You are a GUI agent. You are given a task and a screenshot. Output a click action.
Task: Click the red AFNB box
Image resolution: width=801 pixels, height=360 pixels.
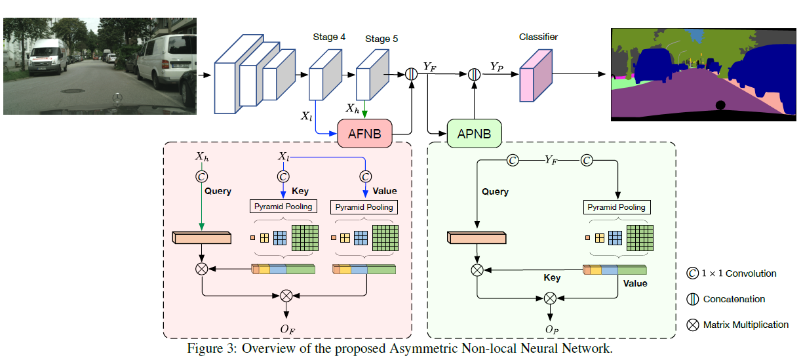coord(364,134)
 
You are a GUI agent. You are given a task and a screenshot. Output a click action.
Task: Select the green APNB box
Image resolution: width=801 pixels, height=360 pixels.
coord(474,134)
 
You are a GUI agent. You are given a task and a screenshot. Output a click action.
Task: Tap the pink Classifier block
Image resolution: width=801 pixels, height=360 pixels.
coord(536,75)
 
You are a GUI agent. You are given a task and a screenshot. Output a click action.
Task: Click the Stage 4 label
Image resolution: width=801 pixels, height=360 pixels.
coord(329,37)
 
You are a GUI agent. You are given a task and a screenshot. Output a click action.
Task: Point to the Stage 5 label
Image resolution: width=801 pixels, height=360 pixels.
coord(381,39)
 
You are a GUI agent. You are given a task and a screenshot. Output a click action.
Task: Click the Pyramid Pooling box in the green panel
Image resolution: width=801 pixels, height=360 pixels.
coord(617,207)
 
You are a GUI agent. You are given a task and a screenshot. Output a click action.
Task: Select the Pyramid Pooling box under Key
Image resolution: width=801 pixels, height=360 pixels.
coord(283,206)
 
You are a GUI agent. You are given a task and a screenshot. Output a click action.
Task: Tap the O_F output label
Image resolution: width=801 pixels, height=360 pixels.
coord(288,329)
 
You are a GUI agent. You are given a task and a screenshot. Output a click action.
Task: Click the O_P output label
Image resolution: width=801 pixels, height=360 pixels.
coord(552,330)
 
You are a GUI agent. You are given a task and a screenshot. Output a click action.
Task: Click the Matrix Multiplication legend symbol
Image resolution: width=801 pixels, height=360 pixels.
coord(693,325)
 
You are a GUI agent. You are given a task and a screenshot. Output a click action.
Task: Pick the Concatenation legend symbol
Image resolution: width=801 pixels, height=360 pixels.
coord(693,299)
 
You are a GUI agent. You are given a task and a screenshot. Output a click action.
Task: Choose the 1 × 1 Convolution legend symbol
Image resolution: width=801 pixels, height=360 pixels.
coord(693,273)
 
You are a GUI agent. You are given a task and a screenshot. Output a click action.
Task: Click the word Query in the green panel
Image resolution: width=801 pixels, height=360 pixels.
coord(495,192)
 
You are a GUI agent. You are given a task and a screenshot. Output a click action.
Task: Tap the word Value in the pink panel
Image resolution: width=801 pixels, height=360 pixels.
coord(385,191)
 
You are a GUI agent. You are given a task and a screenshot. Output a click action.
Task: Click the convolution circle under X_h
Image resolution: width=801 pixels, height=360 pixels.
coord(202,177)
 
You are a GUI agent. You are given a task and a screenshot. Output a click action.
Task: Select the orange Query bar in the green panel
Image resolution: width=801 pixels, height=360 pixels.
coord(477,237)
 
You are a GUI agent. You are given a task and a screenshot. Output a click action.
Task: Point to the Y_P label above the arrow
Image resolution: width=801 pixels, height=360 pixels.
coord(497,67)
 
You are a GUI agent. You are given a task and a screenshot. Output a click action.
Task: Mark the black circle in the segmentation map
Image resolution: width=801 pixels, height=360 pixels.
coord(720,105)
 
